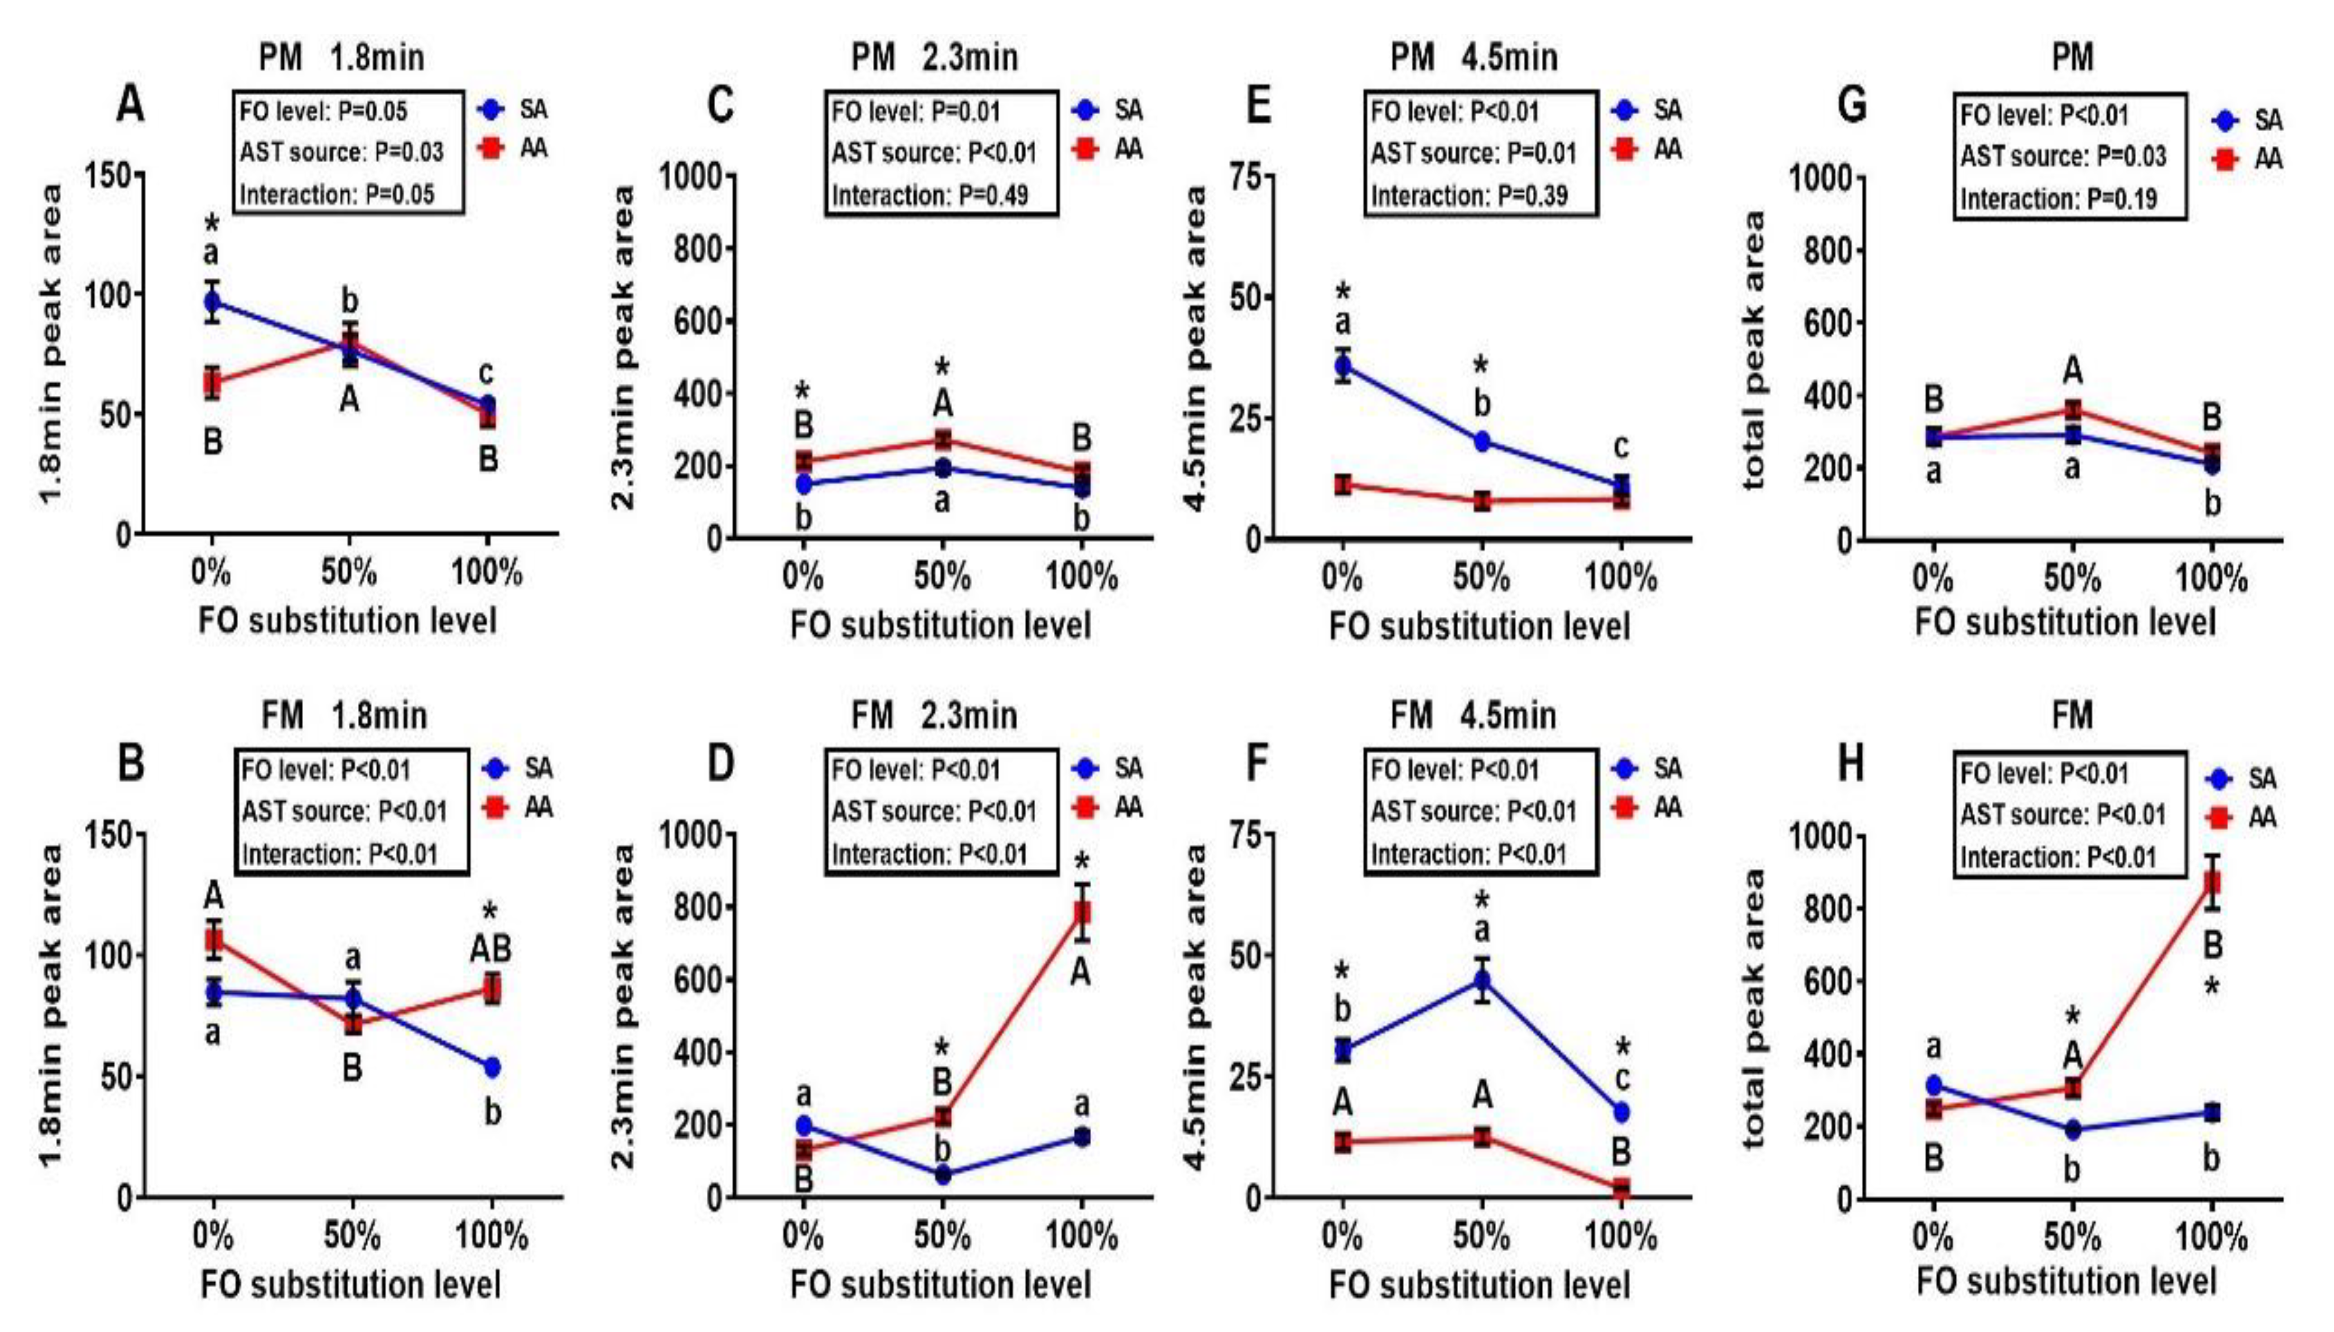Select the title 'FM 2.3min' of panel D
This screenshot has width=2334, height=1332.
(933, 715)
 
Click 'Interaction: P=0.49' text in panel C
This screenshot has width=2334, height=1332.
(930, 195)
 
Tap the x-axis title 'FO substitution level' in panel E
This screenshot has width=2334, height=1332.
(1480, 626)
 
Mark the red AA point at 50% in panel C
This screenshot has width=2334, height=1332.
(943, 440)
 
